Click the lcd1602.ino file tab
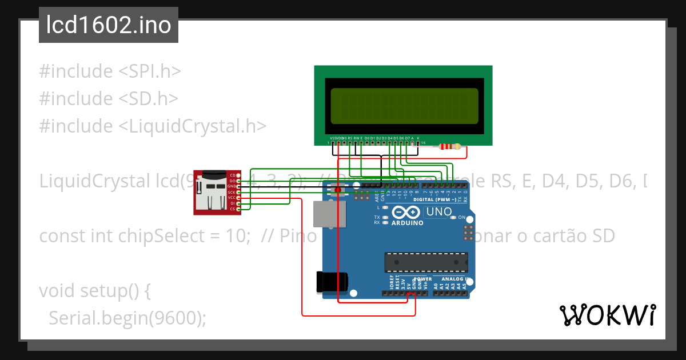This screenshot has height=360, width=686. click(x=109, y=25)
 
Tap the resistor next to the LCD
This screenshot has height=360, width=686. click(x=449, y=147)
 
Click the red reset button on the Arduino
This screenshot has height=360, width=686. click(x=337, y=189)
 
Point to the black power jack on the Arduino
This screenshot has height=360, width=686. click(x=332, y=283)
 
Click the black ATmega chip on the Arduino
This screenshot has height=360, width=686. click(x=426, y=262)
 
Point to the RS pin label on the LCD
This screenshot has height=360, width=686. click(x=350, y=138)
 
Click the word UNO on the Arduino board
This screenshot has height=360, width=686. click(x=439, y=212)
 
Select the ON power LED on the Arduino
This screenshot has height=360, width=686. click(x=452, y=218)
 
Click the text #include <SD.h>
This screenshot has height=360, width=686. click(x=109, y=99)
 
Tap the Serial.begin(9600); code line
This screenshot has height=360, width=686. click(x=127, y=318)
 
